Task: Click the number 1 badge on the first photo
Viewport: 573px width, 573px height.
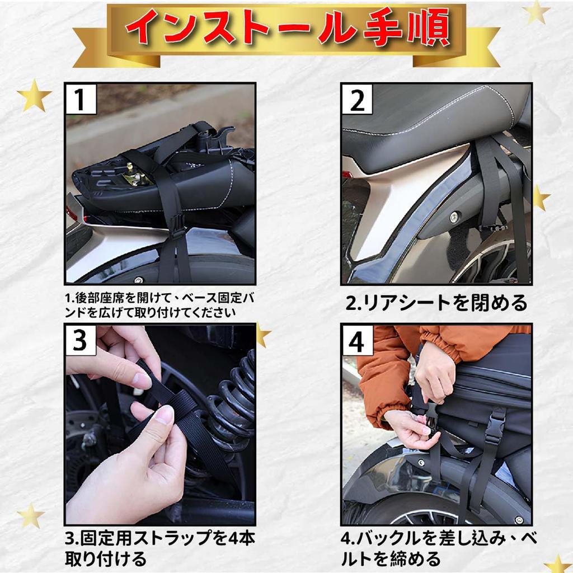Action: coord(81,99)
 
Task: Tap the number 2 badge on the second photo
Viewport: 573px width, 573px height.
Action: coord(356,99)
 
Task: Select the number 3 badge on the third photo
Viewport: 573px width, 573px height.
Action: coord(81,340)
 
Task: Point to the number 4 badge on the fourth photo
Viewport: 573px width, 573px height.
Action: coord(357,341)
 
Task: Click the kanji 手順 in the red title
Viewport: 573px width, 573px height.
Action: coord(406,29)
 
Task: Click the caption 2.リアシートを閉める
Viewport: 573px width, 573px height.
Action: coord(436,303)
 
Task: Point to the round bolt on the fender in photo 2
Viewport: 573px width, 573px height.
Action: coord(455,217)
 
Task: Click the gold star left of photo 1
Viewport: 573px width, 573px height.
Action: coord(34,96)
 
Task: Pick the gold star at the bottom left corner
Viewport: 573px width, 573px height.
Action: coord(31,515)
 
